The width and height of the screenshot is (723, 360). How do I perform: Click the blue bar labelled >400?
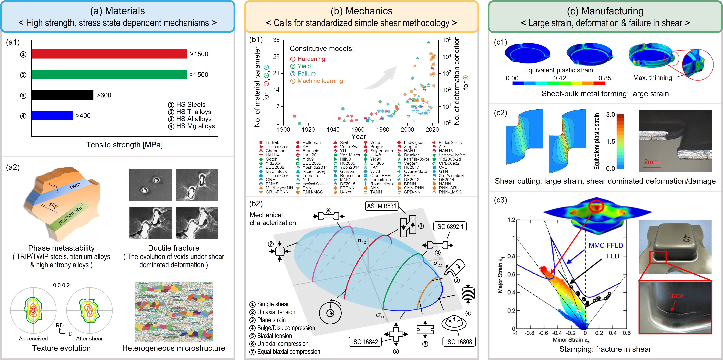[x=52, y=115]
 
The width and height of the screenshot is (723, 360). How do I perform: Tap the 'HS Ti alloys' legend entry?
[x=193, y=112]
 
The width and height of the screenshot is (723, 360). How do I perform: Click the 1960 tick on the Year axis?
[x=358, y=129]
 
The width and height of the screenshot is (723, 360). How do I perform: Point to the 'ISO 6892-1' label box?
[x=450, y=226]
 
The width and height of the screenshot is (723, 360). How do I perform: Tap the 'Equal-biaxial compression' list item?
[x=289, y=352]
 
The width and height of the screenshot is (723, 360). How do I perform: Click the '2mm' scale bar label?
[x=651, y=162]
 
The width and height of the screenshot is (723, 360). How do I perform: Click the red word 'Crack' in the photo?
[x=675, y=295]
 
